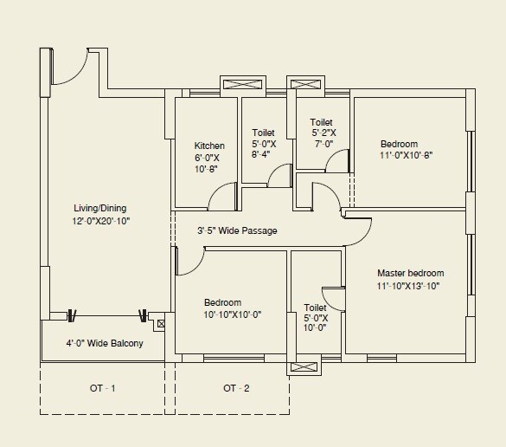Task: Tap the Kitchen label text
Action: click(209, 146)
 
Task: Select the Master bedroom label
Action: click(410, 273)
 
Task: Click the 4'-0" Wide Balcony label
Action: click(104, 343)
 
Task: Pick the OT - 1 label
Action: click(102, 387)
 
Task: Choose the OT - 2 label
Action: click(235, 387)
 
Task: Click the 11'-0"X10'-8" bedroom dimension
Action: click(406, 156)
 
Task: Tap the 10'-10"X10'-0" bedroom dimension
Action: click(232, 314)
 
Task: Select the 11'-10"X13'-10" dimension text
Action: click(408, 286)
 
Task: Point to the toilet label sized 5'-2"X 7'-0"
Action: click(323, 133)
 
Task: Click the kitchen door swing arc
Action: click(221, 198)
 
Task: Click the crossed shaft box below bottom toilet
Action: click(304, 368)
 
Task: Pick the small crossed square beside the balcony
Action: click(161, 324)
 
